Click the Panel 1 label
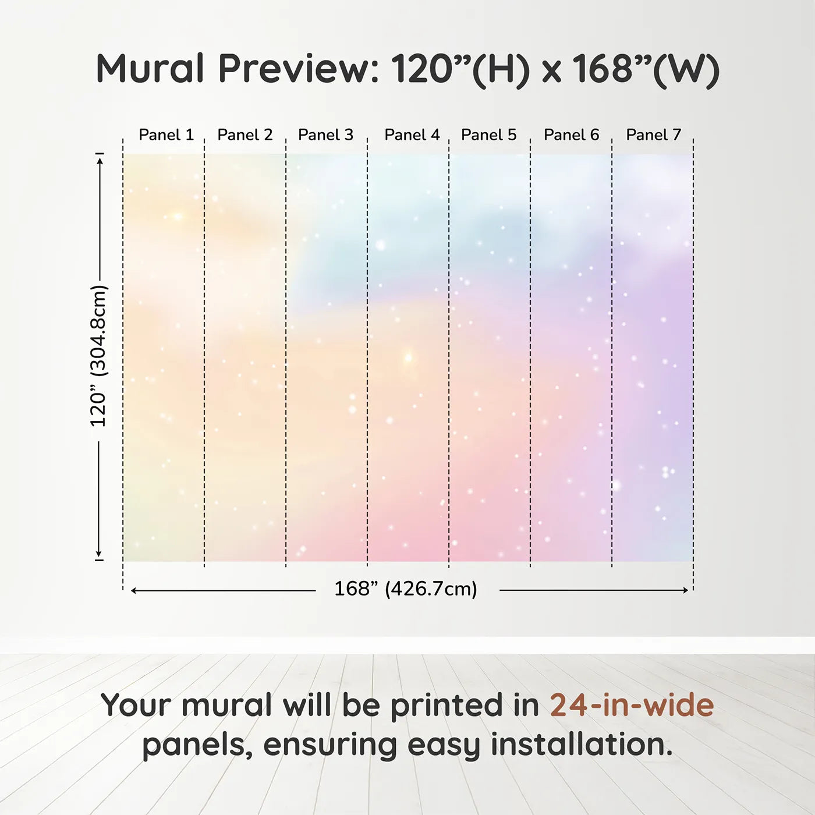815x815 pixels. tap(166, 135)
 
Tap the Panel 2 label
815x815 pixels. tap(245, 135)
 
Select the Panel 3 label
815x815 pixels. tap(325, 135)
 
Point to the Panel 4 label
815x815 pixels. tap(412, 135)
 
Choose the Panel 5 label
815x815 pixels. tap(489, 135)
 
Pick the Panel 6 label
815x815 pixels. tap(572, 135)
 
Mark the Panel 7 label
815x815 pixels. tap(653, 135)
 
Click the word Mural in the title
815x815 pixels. tap(151, 68)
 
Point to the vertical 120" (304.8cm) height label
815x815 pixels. tap(99, 356)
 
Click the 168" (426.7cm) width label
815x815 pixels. tap(406, 589)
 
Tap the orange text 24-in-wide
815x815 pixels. tap(632, 705)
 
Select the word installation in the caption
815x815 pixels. tap(582, 745)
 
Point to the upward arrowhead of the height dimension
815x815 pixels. tap(100, 162)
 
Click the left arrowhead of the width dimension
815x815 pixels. tap(134, 590)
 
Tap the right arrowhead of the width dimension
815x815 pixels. tap(685, 590)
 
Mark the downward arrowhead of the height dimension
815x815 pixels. tap(99, 554)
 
